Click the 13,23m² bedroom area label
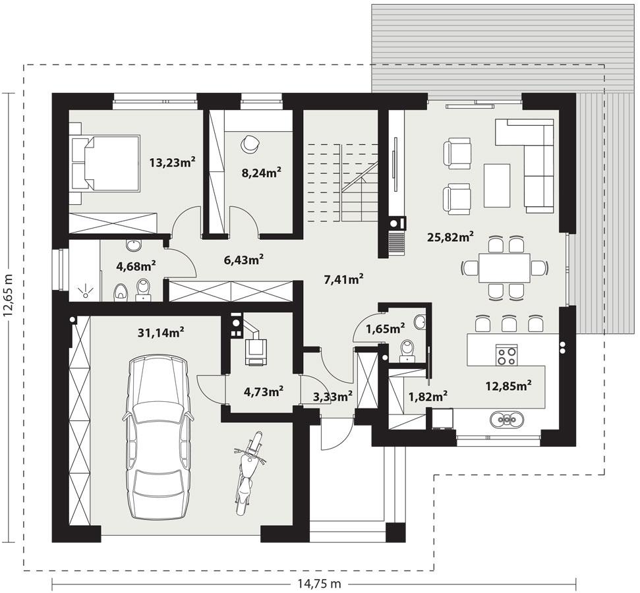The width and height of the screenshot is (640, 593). coord(172,163)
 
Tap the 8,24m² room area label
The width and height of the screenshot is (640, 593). coord(262,172)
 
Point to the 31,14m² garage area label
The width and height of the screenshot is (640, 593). coord(160,333)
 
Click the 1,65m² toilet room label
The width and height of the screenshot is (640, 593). coord(386,327)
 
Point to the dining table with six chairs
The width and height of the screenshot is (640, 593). coord(504,268)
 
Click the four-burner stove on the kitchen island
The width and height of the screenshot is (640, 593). coord(506,356)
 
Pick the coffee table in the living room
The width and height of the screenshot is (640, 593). coord(497,185)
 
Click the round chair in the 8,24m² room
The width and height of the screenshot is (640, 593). coord(250,142)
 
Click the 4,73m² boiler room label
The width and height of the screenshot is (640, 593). coord(264,391)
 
